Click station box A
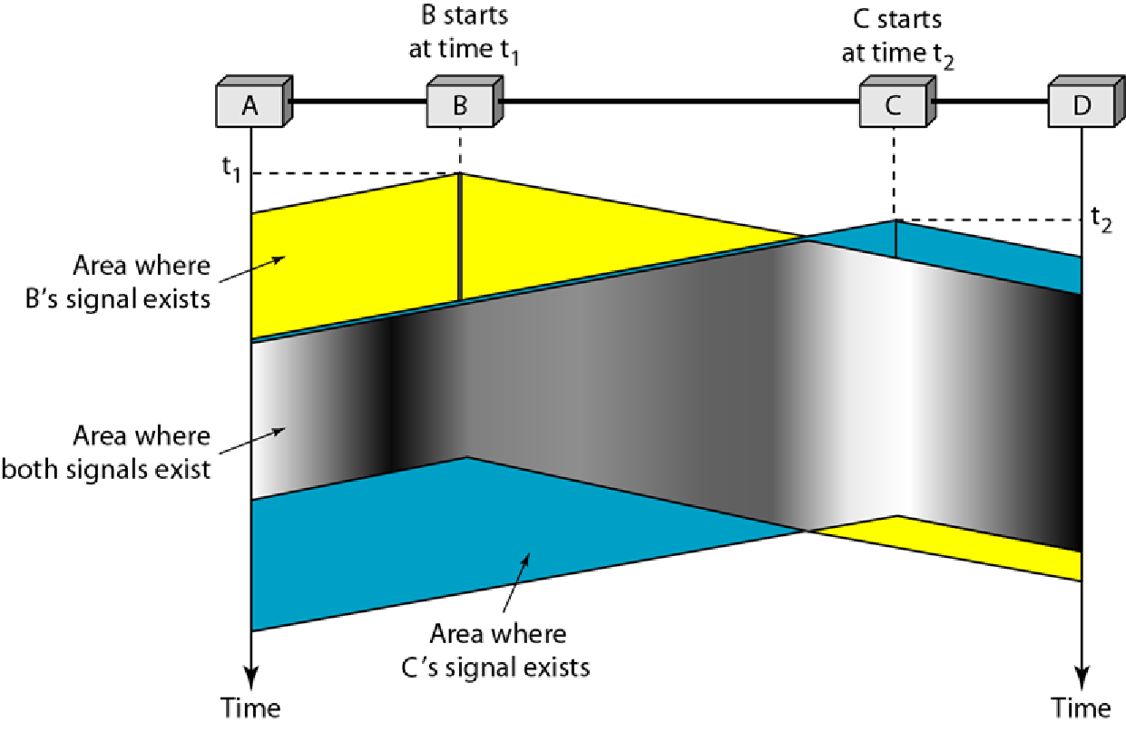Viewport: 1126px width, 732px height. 250,105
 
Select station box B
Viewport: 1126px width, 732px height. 461,105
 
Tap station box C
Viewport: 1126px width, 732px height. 894,105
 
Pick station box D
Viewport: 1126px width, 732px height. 1081,105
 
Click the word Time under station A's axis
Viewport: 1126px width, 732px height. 250,707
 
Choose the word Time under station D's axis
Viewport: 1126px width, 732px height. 1081,707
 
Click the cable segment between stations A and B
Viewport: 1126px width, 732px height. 358,101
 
